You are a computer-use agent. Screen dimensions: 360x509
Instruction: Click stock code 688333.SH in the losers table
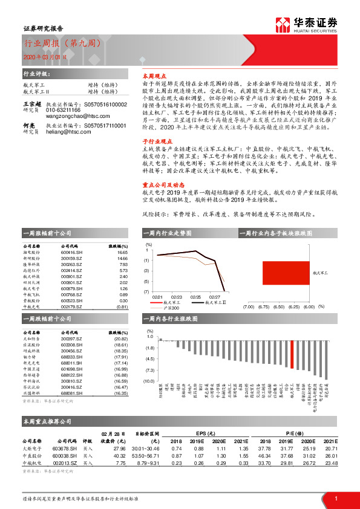(x=73, y=358)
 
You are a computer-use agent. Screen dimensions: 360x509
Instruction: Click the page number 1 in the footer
(x=335, y=498)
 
